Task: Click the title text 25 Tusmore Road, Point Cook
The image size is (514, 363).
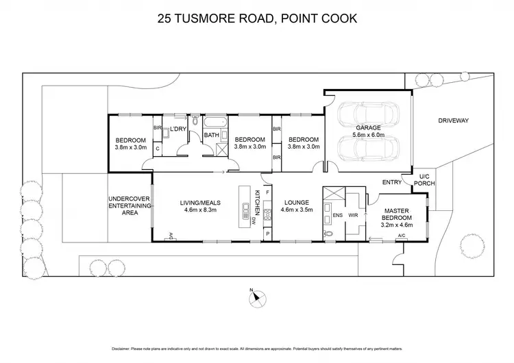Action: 257,18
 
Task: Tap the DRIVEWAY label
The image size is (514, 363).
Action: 454,121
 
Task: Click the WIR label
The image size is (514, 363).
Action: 354,215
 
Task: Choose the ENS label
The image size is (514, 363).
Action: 337,215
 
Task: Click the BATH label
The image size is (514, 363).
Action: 212,135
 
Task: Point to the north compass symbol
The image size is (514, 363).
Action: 254,297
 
